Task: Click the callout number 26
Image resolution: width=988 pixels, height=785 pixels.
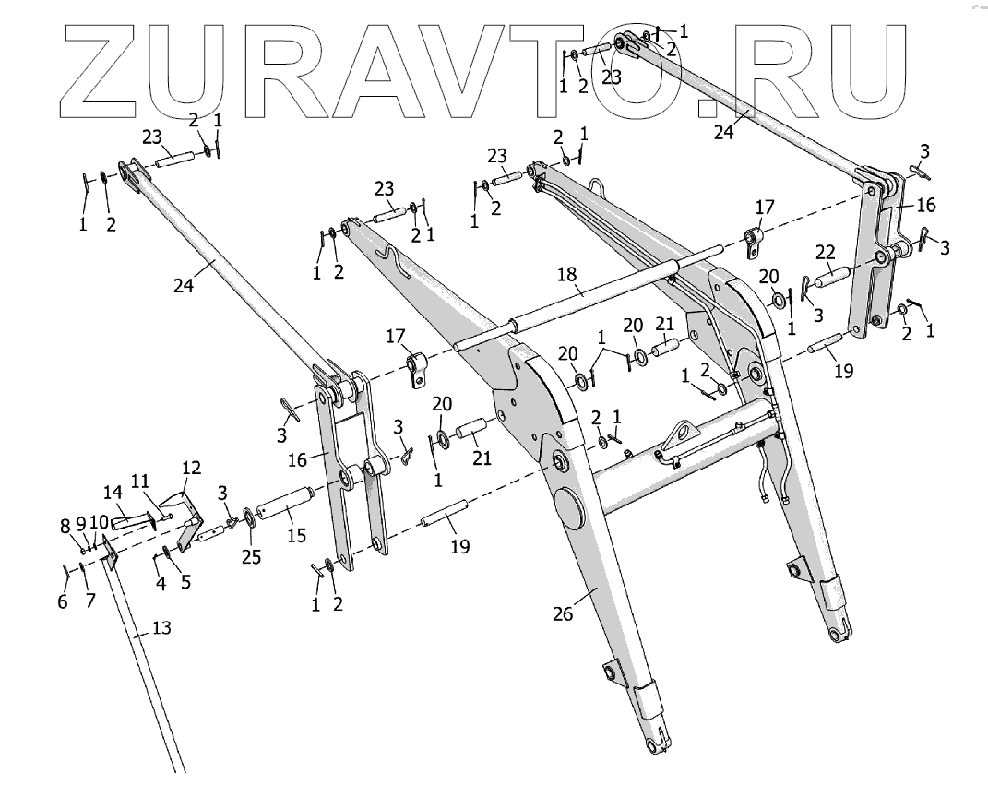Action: pyautogui.click(x=564, y=613)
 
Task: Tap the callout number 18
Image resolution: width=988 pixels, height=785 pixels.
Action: pyautogui.click(x=566, y=275)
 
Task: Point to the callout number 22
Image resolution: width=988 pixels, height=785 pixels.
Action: pyautogui.click(x=826, y=252)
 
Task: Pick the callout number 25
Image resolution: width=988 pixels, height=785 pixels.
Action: pyautogui.click(x=252, y=557)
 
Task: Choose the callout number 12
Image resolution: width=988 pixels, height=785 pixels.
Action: pyautogui.click(x=190, y=468)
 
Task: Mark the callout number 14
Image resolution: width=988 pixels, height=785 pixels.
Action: pyautogui.click(x=112, y=493)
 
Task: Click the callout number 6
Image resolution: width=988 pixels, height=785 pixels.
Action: pyautogui.click(x=63, y=601)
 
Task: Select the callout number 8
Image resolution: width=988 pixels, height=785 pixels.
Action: pyautogui.click(x=65, y=526)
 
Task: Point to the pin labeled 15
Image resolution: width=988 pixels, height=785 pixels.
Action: pyautogui.click(x=286, y=507)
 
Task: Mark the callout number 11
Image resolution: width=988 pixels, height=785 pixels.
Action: pyautogui.click(x=139, y=482)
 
